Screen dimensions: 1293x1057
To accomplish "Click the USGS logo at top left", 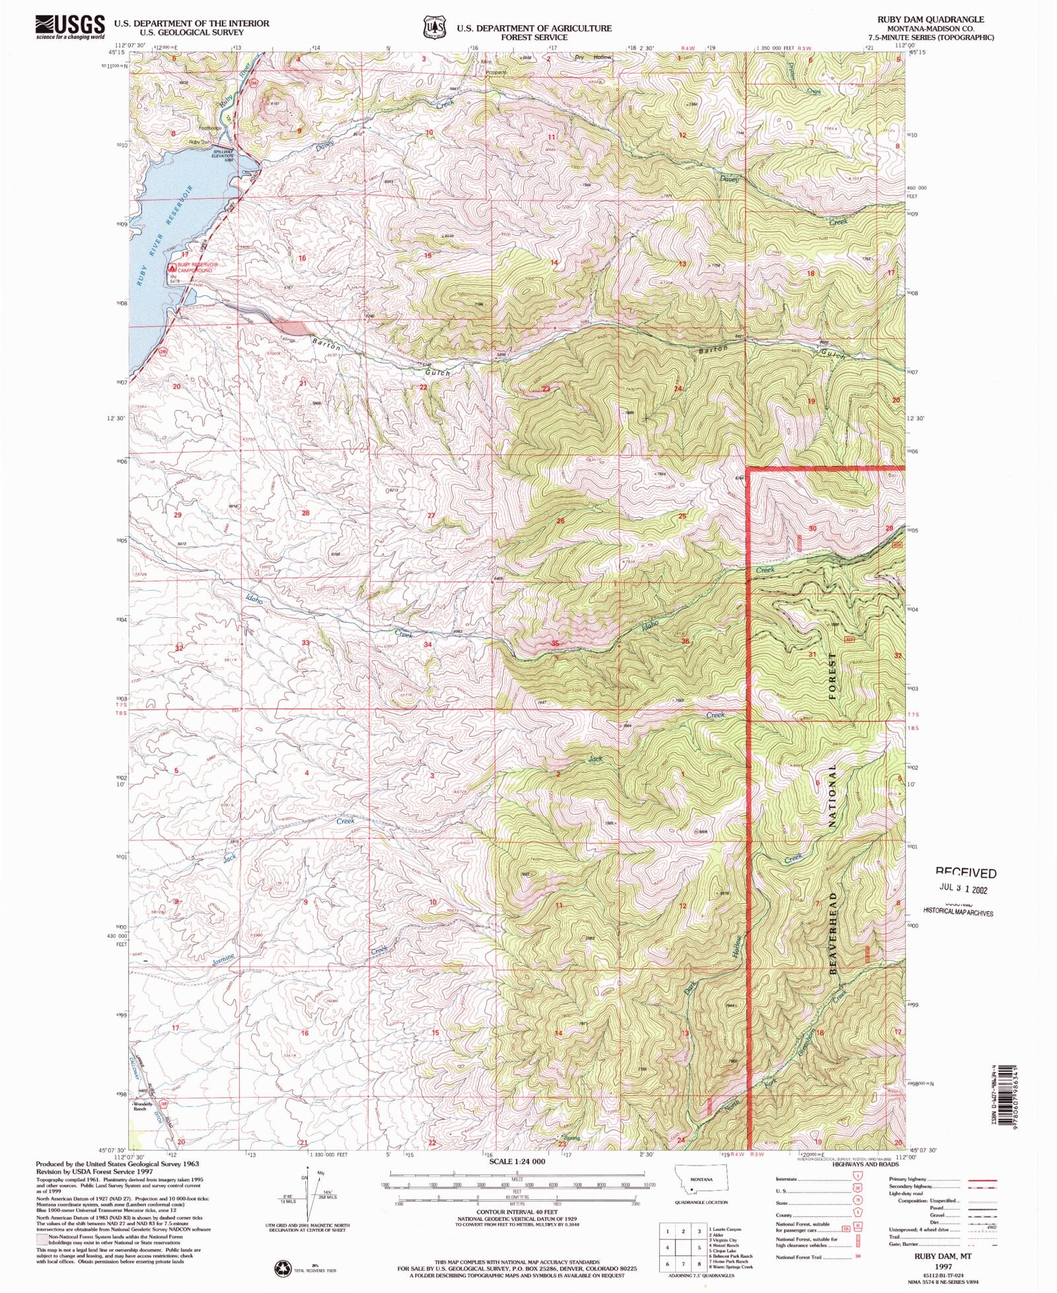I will [69, 26].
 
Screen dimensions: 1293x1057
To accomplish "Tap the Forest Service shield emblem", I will [433, 28].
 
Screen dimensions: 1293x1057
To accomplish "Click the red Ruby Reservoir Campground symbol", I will [172, 268].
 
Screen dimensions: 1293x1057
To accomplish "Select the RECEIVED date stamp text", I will [965, 873].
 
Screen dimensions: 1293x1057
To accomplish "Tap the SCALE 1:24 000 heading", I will [517, 1161].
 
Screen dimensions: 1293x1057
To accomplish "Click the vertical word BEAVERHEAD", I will [833, 932].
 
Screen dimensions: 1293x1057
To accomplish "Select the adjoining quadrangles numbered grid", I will [683, 1248].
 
